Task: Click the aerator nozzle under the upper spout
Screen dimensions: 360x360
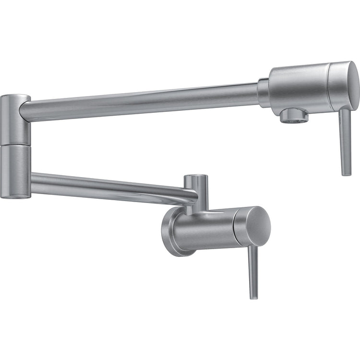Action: tap(294, 115)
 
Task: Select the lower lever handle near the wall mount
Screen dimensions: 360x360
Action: tap(253, 271)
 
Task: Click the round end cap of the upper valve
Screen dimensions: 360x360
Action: tap(344, 85)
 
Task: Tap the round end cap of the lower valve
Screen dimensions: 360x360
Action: tap(253, 227)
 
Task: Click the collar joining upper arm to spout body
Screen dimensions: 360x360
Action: tap(263, 92)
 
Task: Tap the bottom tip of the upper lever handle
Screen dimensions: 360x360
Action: tap(347, 173)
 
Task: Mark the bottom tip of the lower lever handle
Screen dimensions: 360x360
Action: tap(254, 297)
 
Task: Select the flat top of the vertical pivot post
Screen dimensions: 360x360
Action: tap(196, 177)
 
